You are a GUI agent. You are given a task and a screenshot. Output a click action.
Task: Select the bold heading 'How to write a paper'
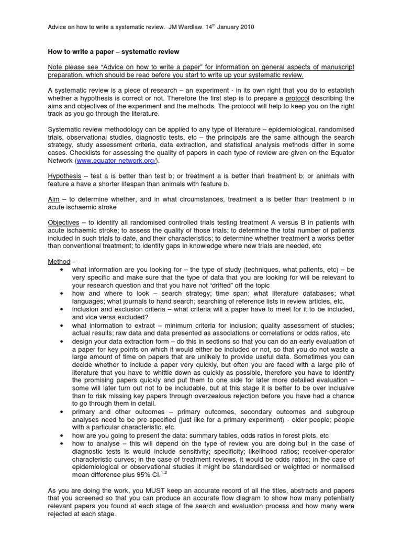[83, 52]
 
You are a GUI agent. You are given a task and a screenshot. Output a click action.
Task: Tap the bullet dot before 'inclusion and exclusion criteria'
[62, 309]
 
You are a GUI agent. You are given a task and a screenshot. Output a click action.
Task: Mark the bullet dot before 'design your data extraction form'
[62, 340]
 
